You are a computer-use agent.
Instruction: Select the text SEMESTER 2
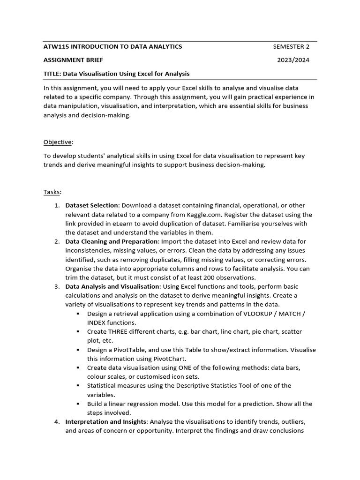[x=291, y=46]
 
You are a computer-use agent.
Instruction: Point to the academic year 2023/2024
[x=293, y=60]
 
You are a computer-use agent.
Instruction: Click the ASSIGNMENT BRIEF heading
[x=73, y=60]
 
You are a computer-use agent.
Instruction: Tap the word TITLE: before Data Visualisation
[x=52, y=74]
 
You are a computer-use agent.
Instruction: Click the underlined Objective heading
[x=58, y=142]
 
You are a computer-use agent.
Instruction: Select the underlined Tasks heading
[x=52, y=192]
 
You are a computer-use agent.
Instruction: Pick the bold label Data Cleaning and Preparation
[x=112, y=241]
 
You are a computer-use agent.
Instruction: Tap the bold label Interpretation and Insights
[x=106, y=422]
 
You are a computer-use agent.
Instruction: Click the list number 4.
[x=56, y=422]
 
